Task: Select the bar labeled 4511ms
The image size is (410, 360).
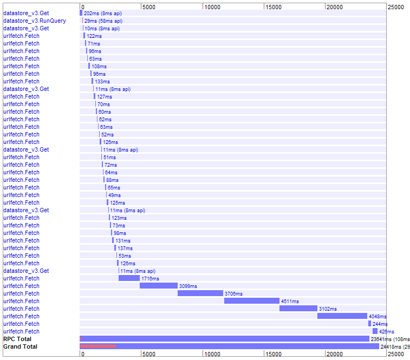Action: point(252,301)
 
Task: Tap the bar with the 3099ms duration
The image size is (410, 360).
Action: point(159,286)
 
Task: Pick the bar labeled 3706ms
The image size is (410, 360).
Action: point(200,293)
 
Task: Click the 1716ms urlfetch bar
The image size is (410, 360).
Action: point(129,278)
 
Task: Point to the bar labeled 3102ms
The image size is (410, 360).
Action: point(298,309)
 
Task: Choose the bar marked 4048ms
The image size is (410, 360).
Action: point(342,316)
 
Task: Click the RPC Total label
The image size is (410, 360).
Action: point(17,339)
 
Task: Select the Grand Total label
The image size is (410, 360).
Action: point(20,346)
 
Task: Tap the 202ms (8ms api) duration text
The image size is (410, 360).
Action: point(102,13)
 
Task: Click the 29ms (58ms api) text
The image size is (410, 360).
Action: point(103,21)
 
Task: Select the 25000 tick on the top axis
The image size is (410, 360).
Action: point(395,6)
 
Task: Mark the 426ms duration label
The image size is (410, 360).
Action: point(386,331)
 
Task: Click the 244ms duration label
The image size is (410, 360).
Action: point(380,324)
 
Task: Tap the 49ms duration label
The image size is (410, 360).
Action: point(114,195)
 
